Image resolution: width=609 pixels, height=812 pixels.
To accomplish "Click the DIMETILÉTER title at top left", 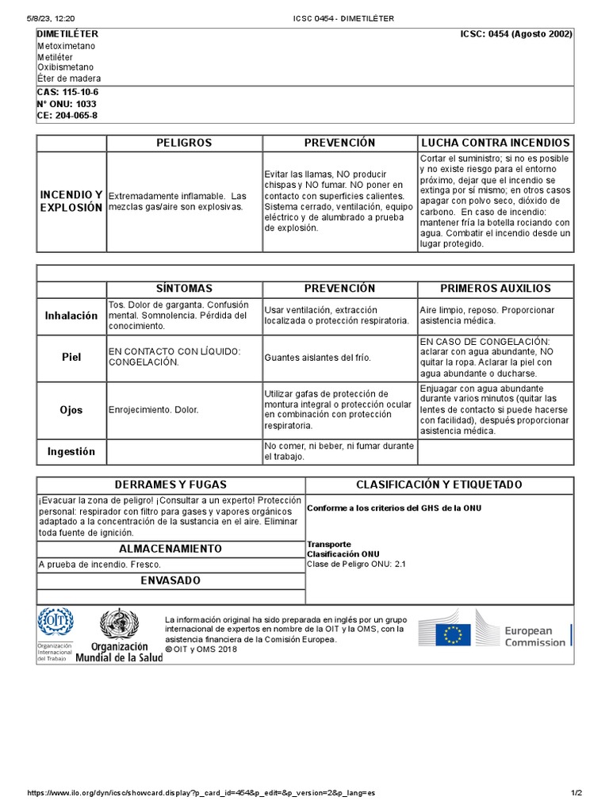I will click(68, 34).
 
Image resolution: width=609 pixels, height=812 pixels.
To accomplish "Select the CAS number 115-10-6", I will click(68, 92).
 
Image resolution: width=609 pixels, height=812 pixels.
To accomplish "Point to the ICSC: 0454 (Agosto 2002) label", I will click(516, 34).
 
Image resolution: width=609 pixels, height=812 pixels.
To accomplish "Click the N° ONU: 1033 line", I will click(67, 104).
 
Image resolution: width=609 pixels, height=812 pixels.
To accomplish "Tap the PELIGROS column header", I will click(184, 143).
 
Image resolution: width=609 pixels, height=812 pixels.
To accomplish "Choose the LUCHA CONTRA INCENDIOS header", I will click(496, 143).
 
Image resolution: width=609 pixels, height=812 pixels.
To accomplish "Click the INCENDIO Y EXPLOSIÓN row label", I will click(71, 201).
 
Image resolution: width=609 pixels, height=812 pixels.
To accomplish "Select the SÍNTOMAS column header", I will click(184, 289).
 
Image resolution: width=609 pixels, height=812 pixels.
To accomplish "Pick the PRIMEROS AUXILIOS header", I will click(496, 289).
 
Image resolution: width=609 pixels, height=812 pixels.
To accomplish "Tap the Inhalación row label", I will click(71, 316).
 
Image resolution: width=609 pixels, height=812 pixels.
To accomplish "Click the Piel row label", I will click(71, 358).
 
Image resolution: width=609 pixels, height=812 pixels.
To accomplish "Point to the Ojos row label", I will click(71, 410).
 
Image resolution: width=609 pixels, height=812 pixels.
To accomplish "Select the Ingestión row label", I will click(71, 452).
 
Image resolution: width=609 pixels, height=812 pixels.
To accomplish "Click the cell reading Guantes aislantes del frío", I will click(318, 358).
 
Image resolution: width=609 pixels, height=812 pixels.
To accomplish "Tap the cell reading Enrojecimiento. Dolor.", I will click(154, 410).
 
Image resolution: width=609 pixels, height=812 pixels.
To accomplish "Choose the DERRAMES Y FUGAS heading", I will click(170, 485).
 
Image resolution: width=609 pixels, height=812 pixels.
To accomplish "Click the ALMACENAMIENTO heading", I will click(170, 549).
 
